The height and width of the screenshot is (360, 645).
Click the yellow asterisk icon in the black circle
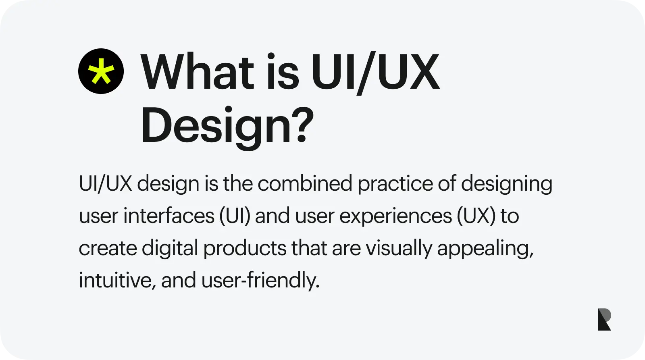point(101,71)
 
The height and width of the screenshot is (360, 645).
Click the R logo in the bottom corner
point(604,319)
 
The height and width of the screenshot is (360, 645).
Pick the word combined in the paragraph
point(305,183)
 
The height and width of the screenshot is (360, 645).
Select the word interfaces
point(169,216)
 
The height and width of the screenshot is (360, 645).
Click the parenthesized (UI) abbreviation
point(235,216)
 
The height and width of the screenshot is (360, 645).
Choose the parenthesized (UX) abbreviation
point(476,216)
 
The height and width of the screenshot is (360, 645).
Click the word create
point(108,249)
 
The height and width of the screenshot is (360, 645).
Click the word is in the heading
point(283,71)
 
